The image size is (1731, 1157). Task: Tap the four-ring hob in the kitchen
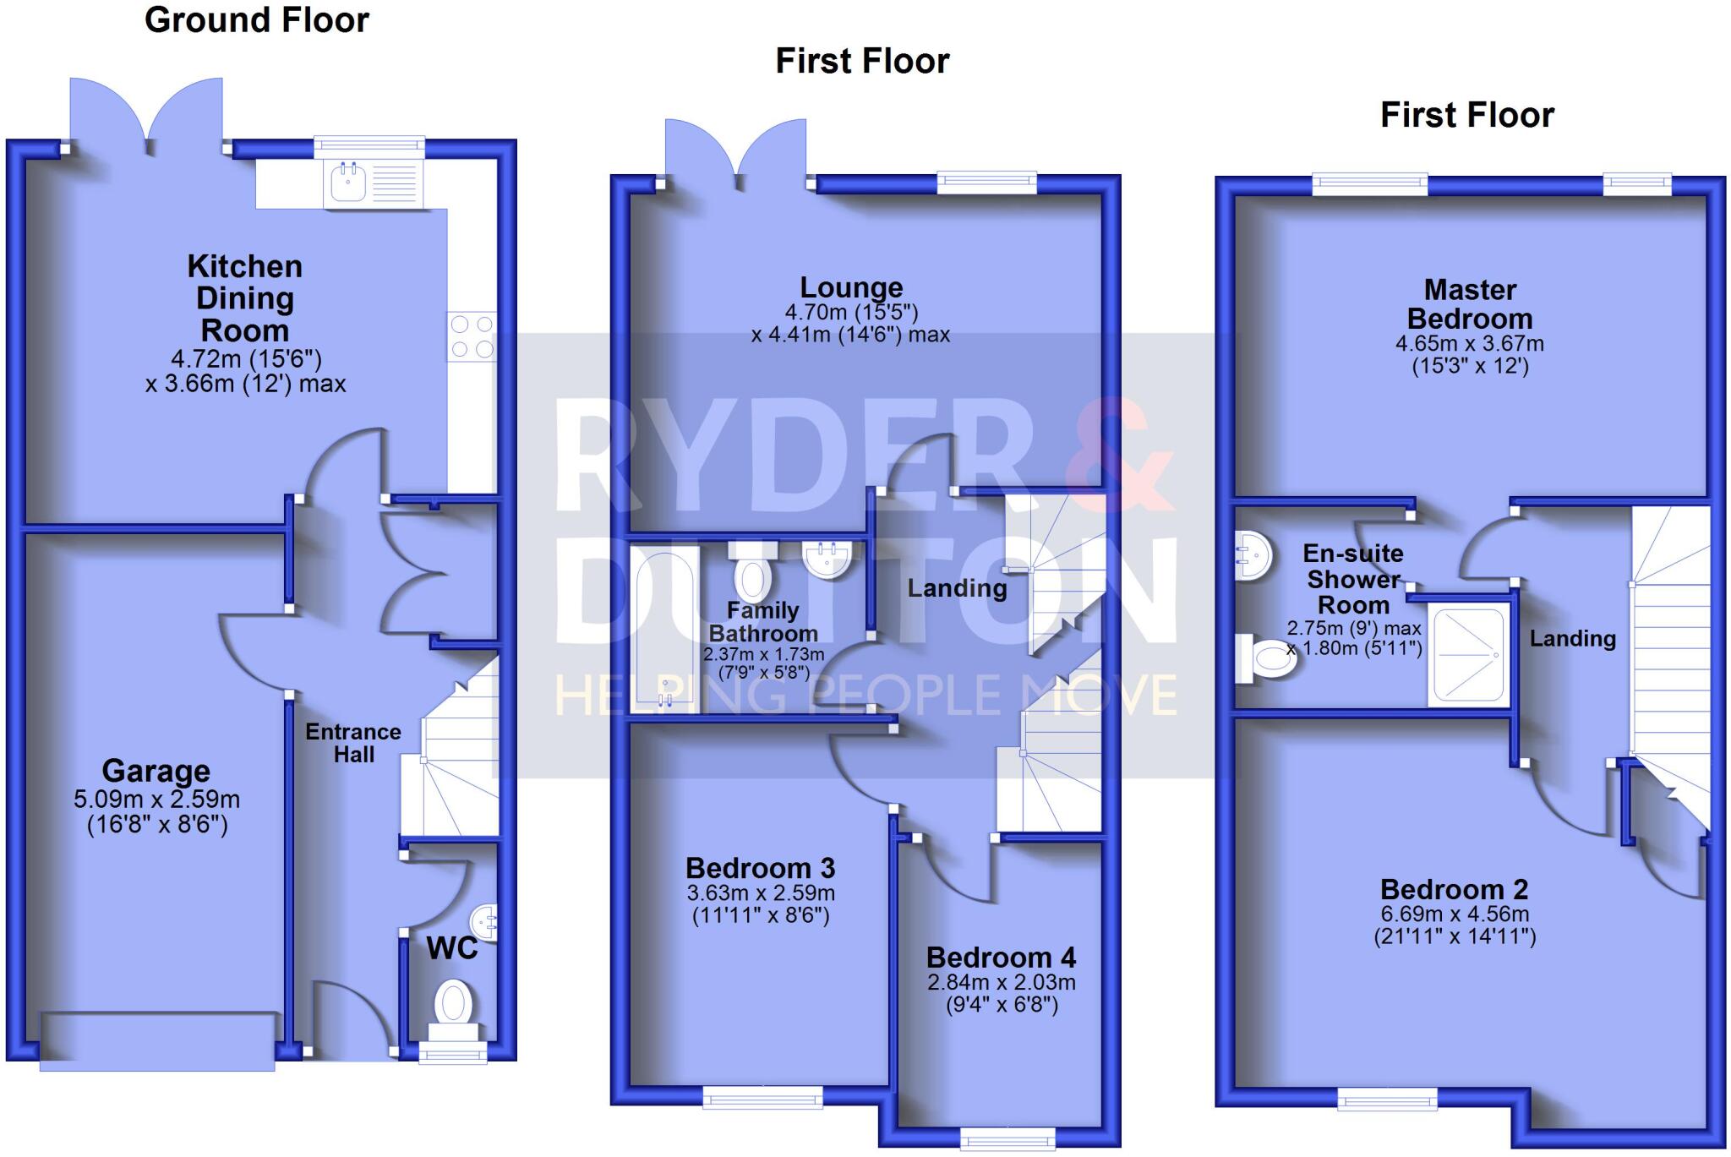(x=472, y=336)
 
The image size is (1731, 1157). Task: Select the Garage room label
(x=156, y=771)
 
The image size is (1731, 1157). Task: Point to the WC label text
(x=452, y=948)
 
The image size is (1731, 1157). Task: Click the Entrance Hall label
(x=353, y=743)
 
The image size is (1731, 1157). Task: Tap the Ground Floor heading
(x=257, y=20)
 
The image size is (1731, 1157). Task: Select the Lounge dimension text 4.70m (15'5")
(x=851, y=313)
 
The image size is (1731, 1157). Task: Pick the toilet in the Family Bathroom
(x=752, y=576)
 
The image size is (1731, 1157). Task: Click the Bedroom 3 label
(x=760, y=868)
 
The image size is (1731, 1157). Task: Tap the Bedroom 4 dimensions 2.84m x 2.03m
(x=1002, y=982)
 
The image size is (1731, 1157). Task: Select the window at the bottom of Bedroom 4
(x=1007, y=1139)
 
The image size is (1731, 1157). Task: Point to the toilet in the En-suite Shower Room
(x=1268, y=659)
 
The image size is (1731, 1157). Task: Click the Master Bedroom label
(x=1470, y=304)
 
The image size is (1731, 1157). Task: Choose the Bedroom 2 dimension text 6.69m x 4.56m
(x=1455, y=914)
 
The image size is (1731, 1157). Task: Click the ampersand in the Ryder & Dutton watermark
(x=1117, y=456)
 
